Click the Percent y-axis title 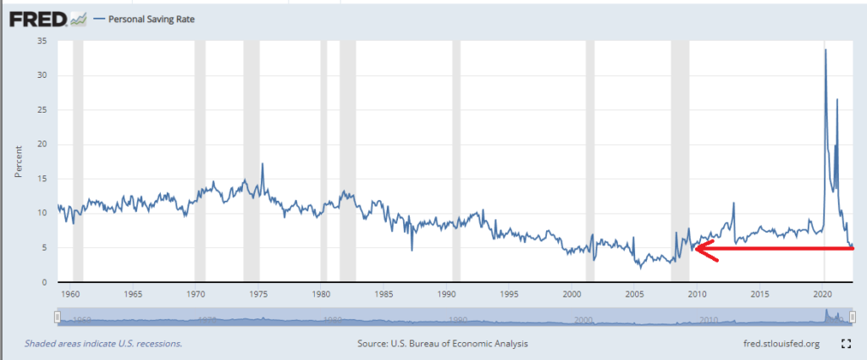19,161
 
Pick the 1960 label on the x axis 69,294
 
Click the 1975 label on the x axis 258,294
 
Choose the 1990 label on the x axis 446,294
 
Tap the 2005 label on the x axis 635,294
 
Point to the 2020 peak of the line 826,51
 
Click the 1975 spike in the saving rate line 262,163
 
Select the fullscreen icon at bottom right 845,344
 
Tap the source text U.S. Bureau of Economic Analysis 443,344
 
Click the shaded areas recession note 102,344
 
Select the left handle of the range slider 57,316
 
